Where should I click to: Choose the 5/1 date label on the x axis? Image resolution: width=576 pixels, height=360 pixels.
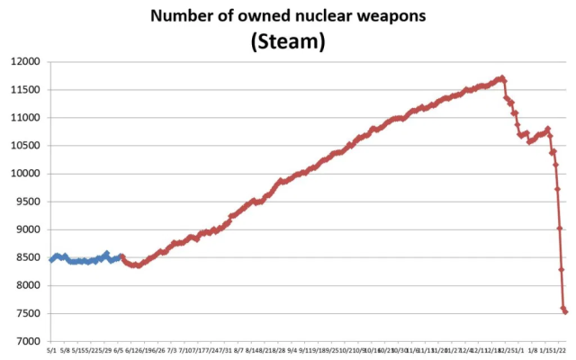[51, 350]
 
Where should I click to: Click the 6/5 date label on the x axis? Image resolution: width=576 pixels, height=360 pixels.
[118, 350]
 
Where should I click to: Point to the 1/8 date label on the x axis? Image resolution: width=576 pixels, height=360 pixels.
[532, 350]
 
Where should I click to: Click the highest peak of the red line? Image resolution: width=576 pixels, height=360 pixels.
[502, 77]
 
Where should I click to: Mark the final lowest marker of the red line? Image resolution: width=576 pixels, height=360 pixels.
[565, 311]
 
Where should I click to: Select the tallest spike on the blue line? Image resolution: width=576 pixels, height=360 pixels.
[106, 253]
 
